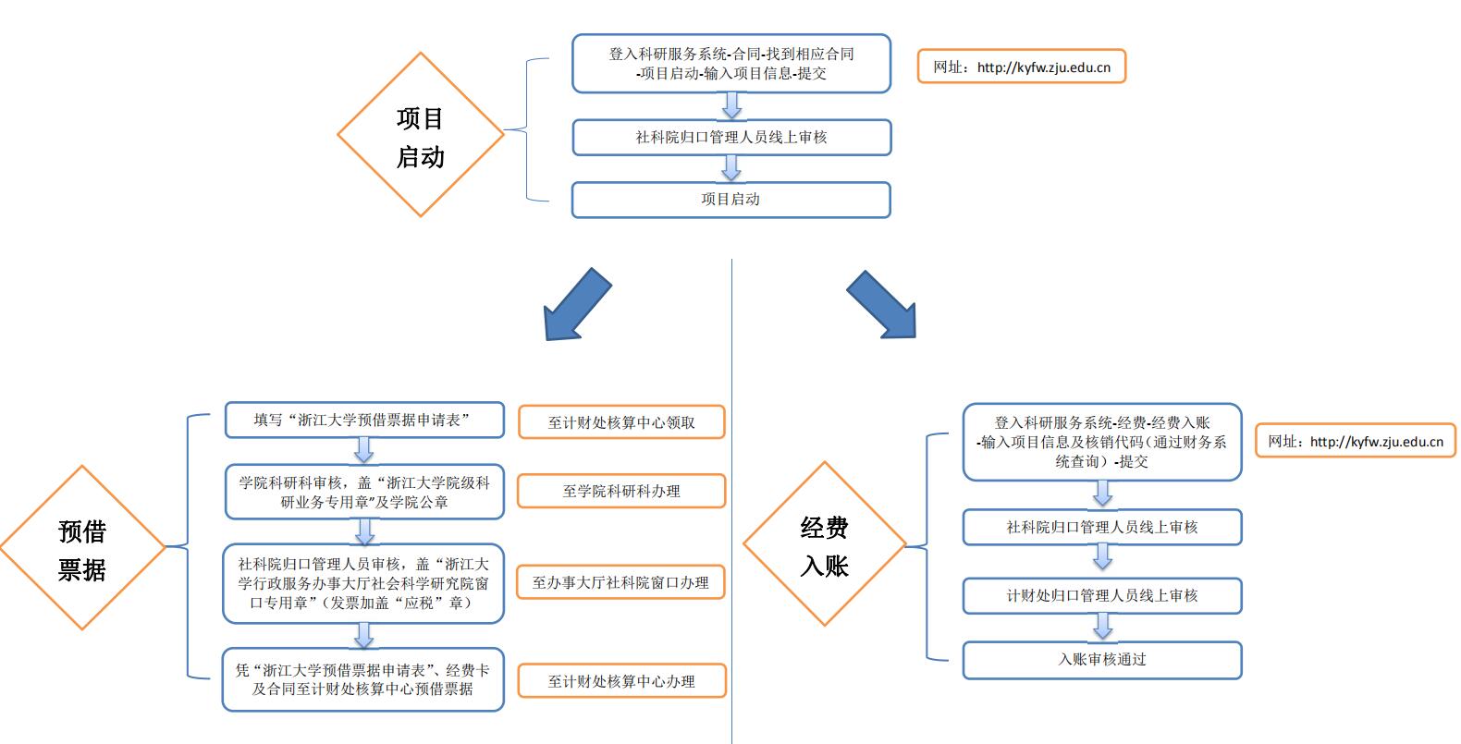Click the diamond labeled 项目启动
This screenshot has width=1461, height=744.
click(x=421, y=135)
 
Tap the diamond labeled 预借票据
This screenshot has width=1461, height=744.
click(x=82, y=548)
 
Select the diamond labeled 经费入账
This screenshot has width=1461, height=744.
click(x=824, y=545)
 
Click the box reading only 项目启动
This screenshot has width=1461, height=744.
click(x=730, y=200)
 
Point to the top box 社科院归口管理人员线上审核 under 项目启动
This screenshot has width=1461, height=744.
click(x=730, y=138)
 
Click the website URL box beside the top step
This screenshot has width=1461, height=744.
click(x=1021, y=67)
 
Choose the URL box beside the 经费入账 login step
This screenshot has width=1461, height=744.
click(x=1355, y=442)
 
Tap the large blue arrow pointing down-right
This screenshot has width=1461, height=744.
click(x=883, y=305)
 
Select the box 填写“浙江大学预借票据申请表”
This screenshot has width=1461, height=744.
click(x=364, y=420)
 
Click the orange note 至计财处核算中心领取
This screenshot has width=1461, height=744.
click(x=621, y=422)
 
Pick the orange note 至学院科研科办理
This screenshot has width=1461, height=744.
click(x=621, y=491)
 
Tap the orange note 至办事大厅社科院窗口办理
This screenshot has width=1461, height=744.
click(x=620, y=583)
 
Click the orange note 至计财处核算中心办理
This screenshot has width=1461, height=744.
click(x=621, y=681)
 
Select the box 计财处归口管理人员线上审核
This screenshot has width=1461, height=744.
click(x=1101, y=596)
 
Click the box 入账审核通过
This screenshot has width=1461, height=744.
click(x=1101, y=660)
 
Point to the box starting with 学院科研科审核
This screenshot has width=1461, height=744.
click(x=364, y=492)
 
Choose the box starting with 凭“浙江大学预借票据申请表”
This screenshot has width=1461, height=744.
click(x=363, y=679)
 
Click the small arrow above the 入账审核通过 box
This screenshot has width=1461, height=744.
click(x=1102, y=628)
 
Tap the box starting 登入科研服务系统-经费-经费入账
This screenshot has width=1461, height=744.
click(x=1101, y=442)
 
